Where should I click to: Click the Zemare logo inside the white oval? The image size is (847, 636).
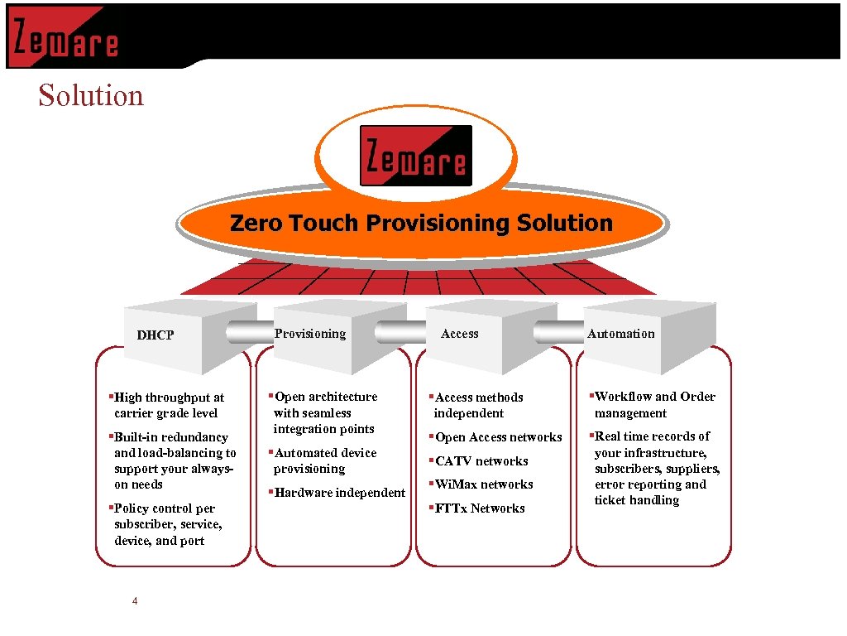(416, 156)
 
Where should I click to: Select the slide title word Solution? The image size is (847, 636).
(91, 95)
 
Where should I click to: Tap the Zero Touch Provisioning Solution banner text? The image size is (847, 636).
(421, 223)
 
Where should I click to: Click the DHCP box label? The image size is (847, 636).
(156, 335)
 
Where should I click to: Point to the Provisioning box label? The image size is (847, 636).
(310, 334)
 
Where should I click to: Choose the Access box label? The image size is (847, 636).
(460, 334)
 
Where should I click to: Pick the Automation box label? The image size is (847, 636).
(620, 334)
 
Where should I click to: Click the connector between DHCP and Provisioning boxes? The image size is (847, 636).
(251, 332)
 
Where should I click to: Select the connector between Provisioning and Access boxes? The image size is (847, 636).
(400, 332)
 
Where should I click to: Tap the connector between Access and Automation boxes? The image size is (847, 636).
(558, 332)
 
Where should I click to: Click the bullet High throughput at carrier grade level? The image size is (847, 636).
(168, 405)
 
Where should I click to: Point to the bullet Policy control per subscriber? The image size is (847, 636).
(169, 524)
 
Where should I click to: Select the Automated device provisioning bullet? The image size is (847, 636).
(324, 460)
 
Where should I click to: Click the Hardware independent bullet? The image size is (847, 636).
(339, 493)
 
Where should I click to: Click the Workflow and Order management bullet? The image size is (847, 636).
(653, 405)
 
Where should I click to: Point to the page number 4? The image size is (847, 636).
(135, 601)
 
